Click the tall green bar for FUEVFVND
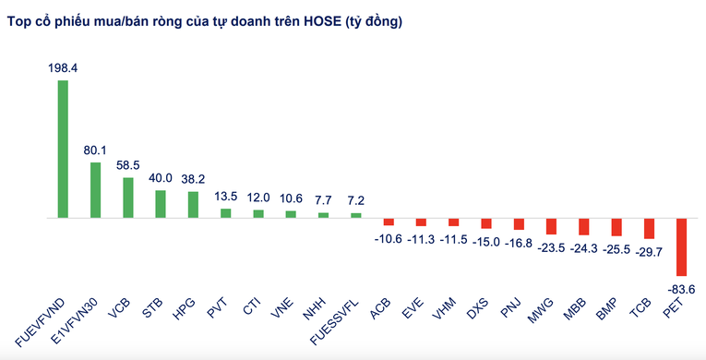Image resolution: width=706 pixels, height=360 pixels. pos(62,149)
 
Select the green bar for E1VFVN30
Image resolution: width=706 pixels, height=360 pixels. pos(95,190)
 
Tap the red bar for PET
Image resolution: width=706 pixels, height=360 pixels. pos(681,247)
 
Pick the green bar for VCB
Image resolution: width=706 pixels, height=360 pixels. pos(127,198)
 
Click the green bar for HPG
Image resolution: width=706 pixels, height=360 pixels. pos(193,204)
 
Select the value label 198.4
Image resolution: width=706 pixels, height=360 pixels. pos(63,67)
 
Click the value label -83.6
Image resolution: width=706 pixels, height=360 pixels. pos(683,288)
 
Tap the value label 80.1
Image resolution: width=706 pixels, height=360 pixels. pos(95,150)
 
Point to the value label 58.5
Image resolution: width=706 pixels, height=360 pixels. pos(128,164)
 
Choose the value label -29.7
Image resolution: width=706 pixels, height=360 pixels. pos(650,252)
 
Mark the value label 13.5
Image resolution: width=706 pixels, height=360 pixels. pos(225,196)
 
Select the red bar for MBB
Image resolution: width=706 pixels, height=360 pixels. pos(583,227)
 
